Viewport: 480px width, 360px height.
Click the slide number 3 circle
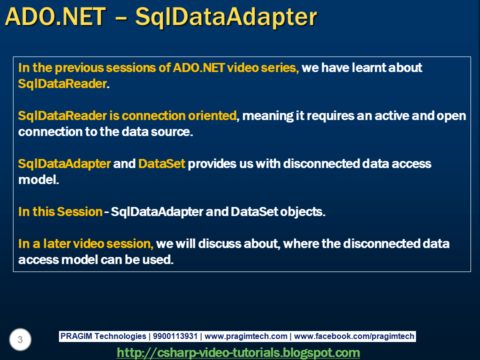(20, 339)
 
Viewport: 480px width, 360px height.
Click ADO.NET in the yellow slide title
(55, 17)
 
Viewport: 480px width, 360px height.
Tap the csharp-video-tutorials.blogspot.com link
(238, 352)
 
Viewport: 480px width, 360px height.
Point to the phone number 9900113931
(175, 336)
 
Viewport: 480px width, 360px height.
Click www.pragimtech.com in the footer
(246, 336)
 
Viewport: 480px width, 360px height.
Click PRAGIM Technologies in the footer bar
(103, 336)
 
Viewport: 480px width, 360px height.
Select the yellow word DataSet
(161, 164)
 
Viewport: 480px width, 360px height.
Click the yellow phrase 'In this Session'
(60, 212)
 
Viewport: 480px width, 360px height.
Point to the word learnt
(368, 67)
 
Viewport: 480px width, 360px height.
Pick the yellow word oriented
(212, 115)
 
